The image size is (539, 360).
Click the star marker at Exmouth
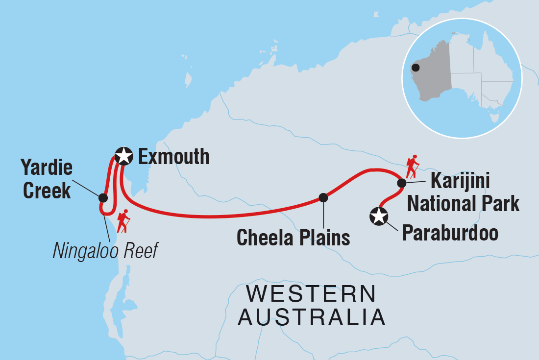123,156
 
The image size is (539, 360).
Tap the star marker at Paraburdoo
379,216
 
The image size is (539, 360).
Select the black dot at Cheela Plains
323,197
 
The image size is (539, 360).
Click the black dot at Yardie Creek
103,198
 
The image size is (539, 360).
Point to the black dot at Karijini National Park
401,183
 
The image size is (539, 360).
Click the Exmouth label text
173,157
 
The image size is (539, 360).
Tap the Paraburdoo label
450,234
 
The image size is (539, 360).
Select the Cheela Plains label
293,238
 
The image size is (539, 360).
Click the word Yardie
47,168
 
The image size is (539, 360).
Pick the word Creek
47,191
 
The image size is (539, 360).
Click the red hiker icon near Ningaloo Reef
123,221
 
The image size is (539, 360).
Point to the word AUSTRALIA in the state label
314,317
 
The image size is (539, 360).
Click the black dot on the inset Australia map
416,68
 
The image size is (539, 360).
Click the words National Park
463,203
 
